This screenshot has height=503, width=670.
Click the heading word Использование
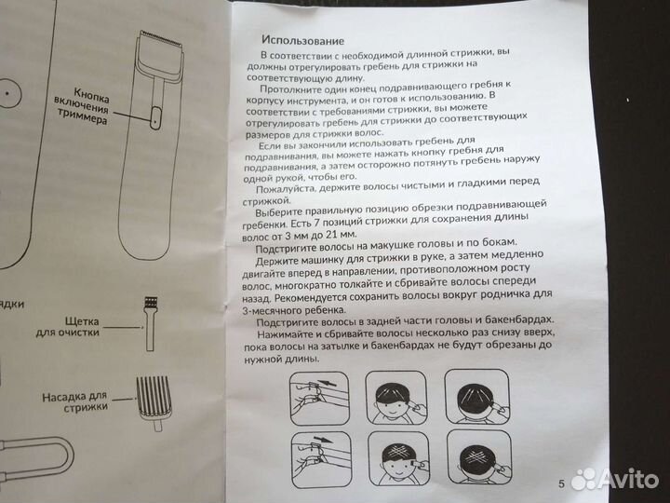point(303,41)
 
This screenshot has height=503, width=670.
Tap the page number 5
point(562,484)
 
